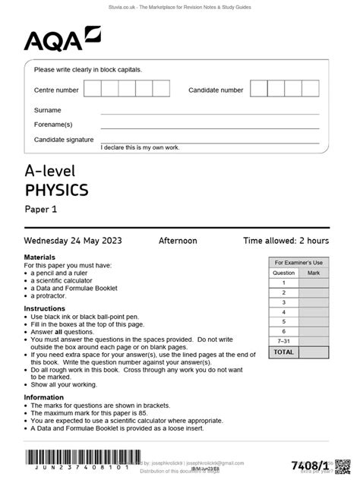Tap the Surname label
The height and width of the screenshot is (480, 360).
(x=47, y=110)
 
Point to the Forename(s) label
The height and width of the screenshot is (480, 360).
(x=53, y=125)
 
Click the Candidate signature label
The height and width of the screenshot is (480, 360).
(x=64, y=140)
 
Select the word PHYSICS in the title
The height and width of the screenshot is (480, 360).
(x=56, y=189)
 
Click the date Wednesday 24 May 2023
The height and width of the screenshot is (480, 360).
(x=73, y=241)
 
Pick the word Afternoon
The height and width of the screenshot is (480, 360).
(x=177, y=241)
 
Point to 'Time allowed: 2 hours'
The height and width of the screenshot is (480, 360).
(x=286, y=241)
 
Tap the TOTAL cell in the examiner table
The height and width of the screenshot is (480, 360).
(x=283, y=352)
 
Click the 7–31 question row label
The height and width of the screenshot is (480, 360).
(x=283, y=341)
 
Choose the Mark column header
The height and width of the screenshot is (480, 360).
(x=314, y=272)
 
